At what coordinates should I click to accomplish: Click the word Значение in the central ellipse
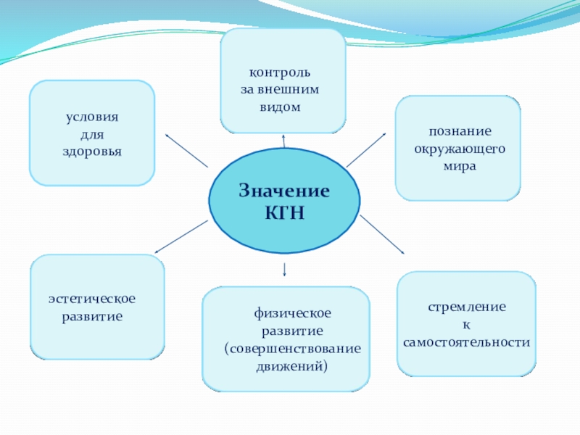coord(284,191)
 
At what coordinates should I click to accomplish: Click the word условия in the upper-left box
coord(91,117)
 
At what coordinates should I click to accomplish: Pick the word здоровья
coord(91,152)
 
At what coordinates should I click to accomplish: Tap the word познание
coord(460,131)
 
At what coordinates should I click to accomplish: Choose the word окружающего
coord(460,149)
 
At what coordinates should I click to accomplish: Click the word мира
coord(460,166)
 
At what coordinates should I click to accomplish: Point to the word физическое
coord(292,312)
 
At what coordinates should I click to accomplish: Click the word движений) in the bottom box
coord(292,365)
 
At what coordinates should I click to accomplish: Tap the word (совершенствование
coord(292,348)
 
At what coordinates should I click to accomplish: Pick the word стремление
coord(467,307)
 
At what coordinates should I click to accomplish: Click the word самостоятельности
coord(467,341)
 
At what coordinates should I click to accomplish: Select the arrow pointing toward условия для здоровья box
coord(186,150)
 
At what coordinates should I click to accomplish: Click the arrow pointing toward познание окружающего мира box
coord(367,150)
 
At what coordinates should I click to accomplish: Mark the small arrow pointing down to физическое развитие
coord(284,270)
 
